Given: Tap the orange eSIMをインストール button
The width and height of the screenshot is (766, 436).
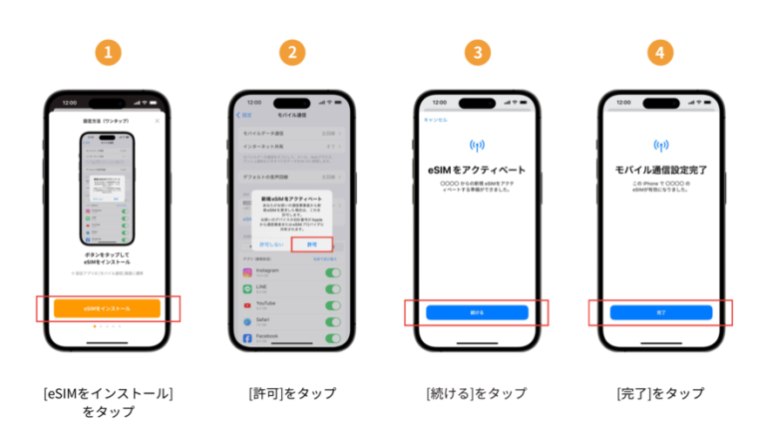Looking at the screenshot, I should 107,309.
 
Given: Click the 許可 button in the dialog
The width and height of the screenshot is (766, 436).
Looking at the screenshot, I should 311,243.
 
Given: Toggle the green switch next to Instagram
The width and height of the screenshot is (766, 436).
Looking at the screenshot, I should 332,272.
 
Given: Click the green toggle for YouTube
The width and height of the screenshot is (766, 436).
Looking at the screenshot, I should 332,305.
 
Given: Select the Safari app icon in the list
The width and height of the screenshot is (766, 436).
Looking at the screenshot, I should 248,322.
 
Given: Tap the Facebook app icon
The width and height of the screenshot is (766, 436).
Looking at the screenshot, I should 248,339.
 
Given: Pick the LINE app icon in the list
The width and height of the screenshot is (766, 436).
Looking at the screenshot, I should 248,289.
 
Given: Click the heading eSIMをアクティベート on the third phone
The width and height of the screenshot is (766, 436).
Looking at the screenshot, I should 475,170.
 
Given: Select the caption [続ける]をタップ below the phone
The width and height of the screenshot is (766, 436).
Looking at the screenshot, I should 475,393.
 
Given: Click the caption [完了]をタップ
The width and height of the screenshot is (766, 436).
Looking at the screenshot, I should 659,393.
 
